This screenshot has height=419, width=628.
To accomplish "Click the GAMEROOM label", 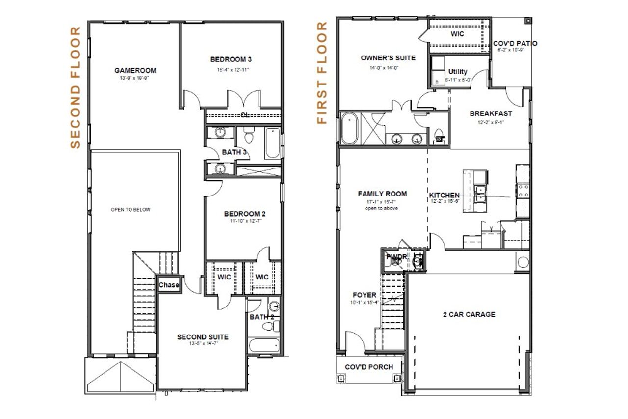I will click(131, 70).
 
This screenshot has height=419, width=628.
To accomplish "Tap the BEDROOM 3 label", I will click(231, 59).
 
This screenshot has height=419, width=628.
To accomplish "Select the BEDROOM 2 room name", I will click(245, 214).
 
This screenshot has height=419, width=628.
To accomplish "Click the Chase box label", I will click(169, 285).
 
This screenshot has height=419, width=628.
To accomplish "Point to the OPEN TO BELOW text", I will click(131, 210).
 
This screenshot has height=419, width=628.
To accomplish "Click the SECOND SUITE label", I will click(203, 337).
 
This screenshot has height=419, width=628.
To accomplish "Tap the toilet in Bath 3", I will click(248, 134).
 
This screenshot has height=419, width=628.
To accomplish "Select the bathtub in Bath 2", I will click(263, 345).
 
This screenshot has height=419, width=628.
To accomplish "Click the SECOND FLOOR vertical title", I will click(75, 87).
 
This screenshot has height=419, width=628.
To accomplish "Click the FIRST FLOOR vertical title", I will click(322, 73).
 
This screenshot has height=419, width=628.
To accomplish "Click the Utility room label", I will click(458, 72).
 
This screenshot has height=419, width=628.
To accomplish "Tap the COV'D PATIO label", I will click(515, 43).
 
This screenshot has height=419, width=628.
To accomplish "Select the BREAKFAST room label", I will click(491, 113).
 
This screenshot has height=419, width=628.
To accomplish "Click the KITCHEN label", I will click(445, 195).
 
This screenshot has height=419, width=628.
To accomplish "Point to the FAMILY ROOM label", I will click(382, 194).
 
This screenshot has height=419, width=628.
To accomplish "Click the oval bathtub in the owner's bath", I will click(349, 129).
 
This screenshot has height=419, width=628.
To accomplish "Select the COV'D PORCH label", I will click(368, 367).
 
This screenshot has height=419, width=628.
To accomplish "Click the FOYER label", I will click(365, 295).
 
